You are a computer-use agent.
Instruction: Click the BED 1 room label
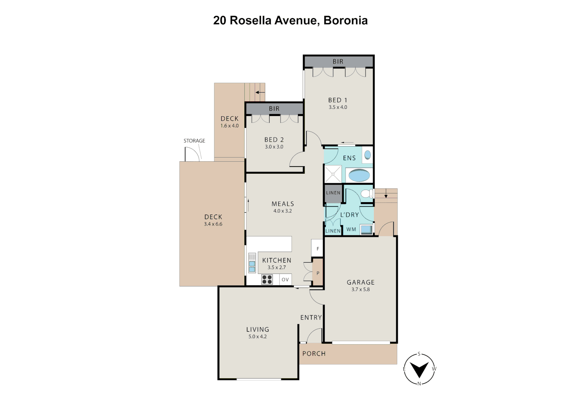[337, 100]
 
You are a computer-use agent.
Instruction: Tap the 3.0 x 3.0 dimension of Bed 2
[274, 147]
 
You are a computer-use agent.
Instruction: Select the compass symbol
[419, 369]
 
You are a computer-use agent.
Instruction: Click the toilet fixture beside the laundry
[366, 194]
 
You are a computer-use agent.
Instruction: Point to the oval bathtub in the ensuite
[359, 175]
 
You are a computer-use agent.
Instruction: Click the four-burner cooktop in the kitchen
[267, 280]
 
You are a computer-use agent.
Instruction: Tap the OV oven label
[285, 280]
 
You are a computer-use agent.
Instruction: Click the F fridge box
[318, 249]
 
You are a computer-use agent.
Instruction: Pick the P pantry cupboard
[318, 273]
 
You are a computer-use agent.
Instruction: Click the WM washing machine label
[351, 229]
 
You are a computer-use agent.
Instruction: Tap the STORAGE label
[194, 141]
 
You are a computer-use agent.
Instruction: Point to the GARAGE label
[361, 282]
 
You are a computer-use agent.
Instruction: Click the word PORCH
[314, 354]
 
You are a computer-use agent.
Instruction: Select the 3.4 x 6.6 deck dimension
[213, 224]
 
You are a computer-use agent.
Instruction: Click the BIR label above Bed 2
[274, 109]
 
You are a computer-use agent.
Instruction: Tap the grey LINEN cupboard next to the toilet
[333, 193]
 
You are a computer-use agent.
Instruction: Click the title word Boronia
[346, 20]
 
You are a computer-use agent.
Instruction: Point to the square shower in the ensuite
[333, 174]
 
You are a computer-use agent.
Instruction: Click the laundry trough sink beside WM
[366, 229]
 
